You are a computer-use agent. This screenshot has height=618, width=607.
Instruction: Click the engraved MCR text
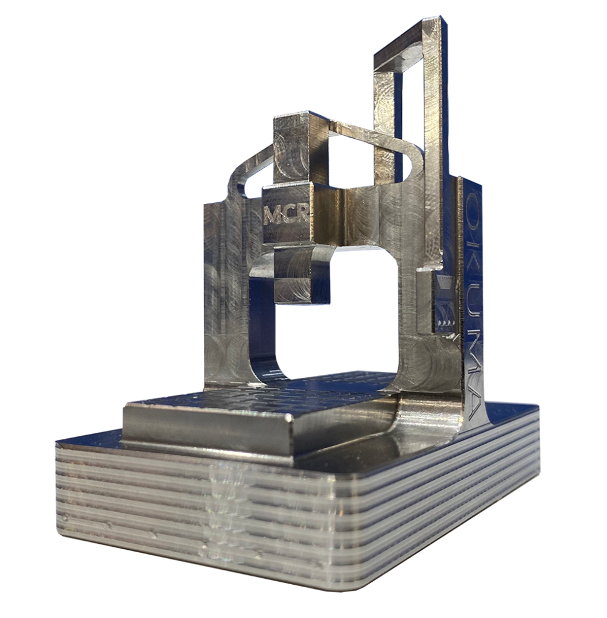[x=286, y=215]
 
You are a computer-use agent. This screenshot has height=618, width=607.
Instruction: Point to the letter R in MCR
[x=302, y=214]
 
